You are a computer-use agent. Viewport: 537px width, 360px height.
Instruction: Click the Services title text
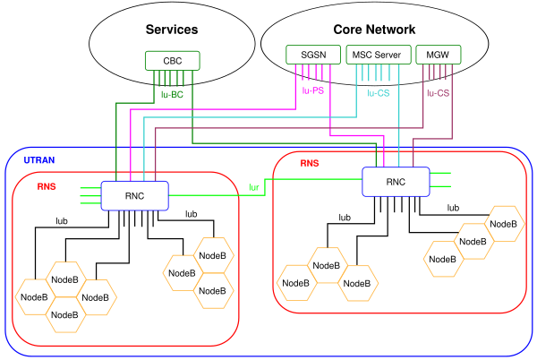[x=172, y=30]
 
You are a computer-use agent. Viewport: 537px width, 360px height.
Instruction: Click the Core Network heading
[x=374, y=30]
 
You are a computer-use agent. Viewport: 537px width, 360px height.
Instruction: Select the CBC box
[x=172, y=61]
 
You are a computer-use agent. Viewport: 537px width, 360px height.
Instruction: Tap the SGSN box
[x=313, y=55]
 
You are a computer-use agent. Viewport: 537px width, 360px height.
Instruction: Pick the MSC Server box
[x=379, y=55]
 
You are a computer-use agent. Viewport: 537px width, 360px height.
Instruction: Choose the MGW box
[x=438, y=55]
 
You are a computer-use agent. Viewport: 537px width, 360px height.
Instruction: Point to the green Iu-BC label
[x=172, y=95]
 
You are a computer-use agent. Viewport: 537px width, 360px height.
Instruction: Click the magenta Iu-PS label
[x=313, y=90]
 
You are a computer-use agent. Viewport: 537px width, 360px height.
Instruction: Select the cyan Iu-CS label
[x=378, y=93]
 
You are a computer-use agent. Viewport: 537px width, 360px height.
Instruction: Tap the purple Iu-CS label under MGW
[x=438, y=93]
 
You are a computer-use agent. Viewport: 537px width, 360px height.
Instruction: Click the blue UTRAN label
[x=39, y=160]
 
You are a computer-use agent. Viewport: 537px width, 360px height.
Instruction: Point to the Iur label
[x=254, y=187]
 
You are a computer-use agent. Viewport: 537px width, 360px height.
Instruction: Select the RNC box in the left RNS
[x=134, y=196]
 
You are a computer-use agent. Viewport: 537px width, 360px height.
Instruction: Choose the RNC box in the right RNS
[x=396, y=182]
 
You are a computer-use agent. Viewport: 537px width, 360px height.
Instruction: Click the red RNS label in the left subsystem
[x=47, y=186]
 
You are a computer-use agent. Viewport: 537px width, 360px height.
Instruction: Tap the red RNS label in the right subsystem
[x=310, y=163]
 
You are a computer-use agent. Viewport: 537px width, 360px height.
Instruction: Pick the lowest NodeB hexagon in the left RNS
[x=64, y=315]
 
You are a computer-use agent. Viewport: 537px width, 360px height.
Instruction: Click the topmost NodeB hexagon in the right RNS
[x=503, y=224]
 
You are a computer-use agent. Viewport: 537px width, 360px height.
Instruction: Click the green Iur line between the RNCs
[x=265, y=187]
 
